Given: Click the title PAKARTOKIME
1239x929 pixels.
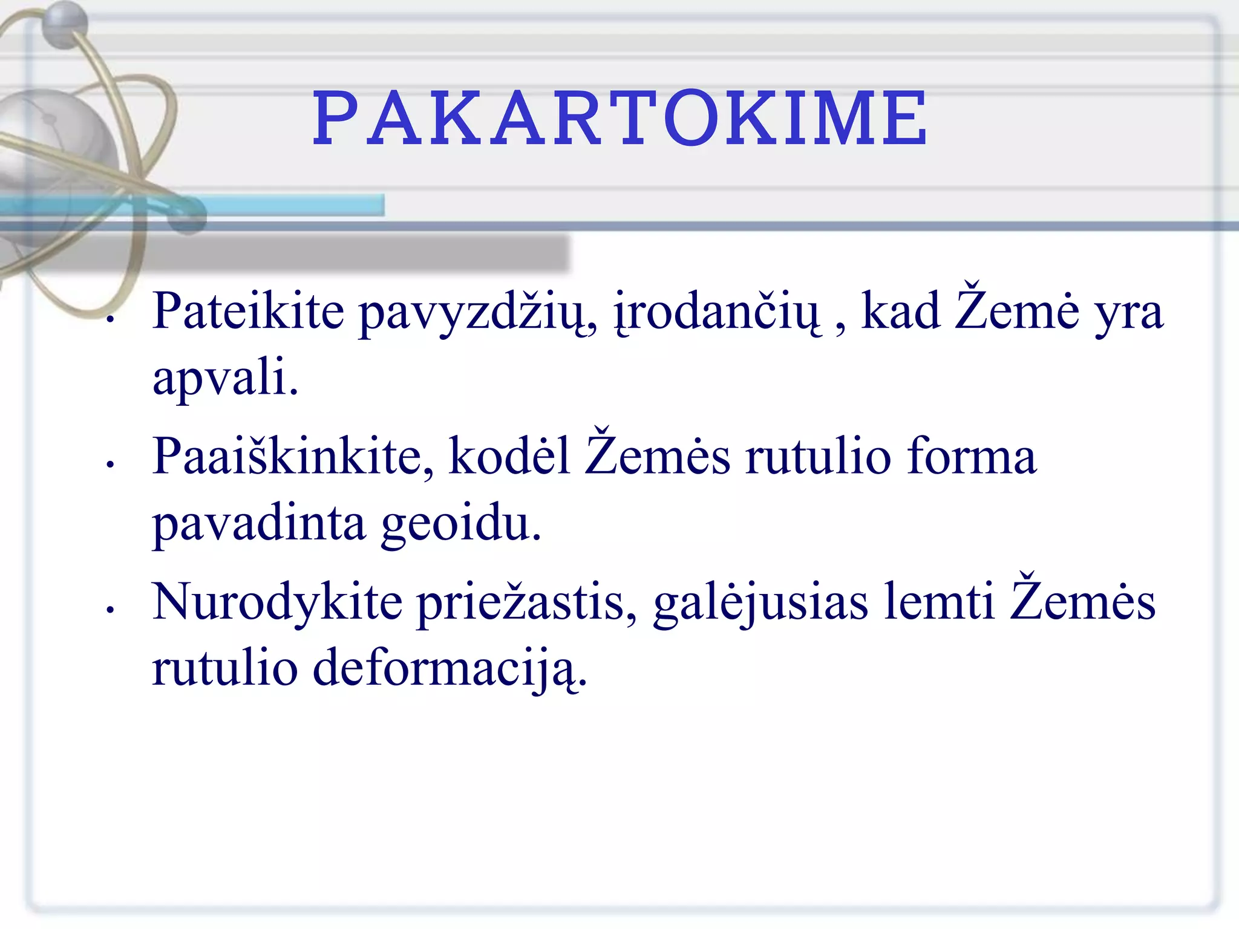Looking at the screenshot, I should (x=619, y=119).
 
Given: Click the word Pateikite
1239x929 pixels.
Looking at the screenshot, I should (x=248, y=311).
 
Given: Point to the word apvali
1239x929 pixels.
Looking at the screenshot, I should (x=225, y=378).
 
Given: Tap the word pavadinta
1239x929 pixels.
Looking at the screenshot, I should (x=259, y=524).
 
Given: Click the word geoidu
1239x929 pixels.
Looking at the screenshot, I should (x=461, y=524).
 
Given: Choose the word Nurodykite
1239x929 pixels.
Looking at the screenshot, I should (x=277, y=602).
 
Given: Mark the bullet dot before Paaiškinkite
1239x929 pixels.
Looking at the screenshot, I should (x=110, y=464).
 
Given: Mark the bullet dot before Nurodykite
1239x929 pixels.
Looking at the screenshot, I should (x=110, y=610).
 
